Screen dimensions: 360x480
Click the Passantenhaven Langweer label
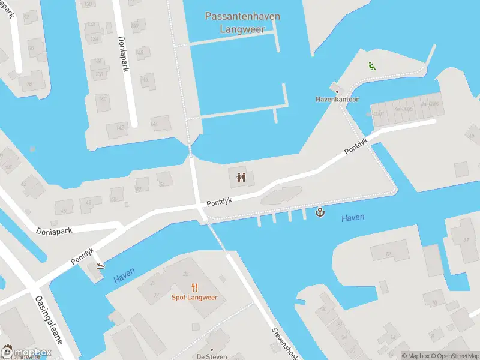point(242,22)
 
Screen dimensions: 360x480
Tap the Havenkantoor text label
point(337,99)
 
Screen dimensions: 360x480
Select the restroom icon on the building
point(241,177)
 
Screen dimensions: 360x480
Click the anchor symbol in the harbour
point(320,212)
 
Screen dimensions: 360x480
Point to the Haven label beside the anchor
point(353,218)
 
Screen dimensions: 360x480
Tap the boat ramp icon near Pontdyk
point(100,266)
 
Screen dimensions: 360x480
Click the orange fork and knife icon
point(194,287)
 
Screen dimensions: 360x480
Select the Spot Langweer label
point(194,298)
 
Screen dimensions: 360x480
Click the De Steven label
point(211,356)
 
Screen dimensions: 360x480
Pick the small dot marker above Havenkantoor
point(337,91)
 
